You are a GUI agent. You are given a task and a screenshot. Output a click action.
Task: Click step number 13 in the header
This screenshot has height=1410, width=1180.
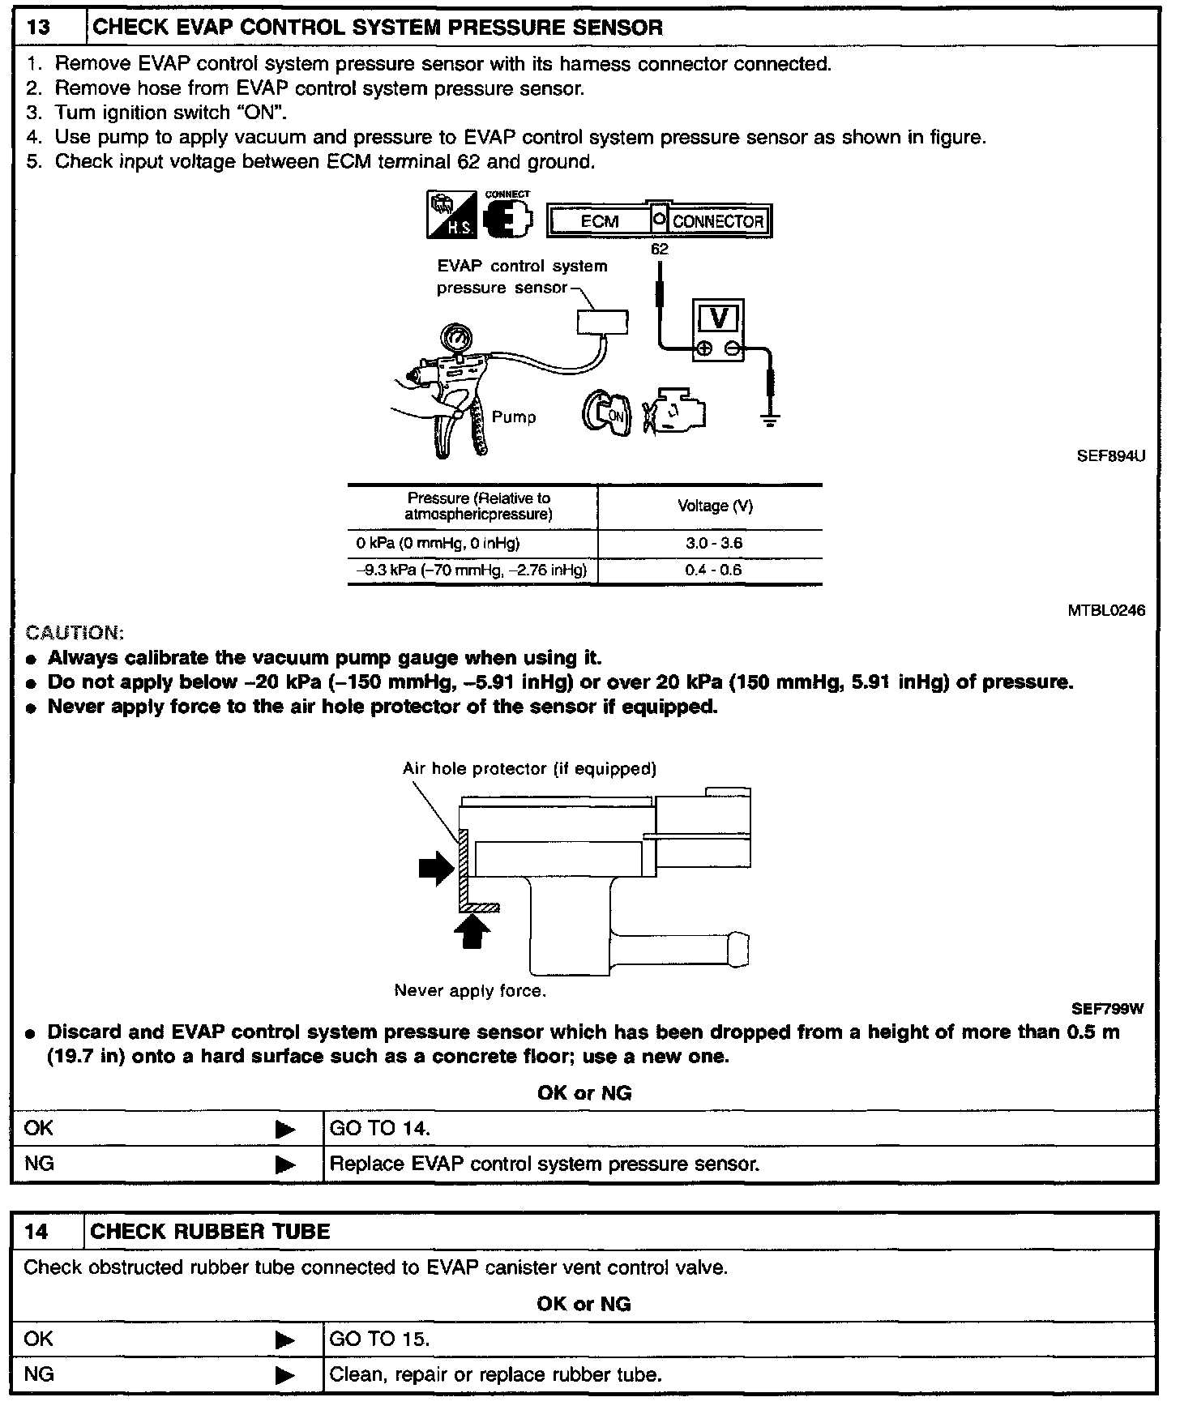pos(39,28)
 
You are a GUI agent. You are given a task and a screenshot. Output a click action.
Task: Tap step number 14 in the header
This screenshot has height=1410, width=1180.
pos(37,1232)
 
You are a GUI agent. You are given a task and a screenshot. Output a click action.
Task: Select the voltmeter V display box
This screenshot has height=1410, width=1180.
pos(718,318)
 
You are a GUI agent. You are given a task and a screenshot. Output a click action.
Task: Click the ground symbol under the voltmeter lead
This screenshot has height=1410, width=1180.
pos(769,420)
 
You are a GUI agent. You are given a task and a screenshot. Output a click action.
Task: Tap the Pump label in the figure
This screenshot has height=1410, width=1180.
pos(514,417)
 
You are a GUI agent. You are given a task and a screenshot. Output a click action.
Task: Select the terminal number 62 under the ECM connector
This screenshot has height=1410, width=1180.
pos(660,250)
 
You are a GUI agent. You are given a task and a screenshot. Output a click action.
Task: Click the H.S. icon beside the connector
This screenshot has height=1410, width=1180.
pos(451,215)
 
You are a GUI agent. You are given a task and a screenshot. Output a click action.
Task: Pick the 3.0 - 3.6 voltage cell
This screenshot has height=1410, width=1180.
pos(713,543)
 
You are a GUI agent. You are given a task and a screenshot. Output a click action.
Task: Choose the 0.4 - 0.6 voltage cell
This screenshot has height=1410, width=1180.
pos(713,570)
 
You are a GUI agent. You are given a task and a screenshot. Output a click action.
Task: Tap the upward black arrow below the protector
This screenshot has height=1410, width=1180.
pos(473,929)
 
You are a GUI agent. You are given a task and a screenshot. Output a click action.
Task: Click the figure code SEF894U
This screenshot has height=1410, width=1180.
pos(1110,456)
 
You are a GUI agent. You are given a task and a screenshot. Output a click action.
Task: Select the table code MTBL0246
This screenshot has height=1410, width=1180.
pos(1106,611)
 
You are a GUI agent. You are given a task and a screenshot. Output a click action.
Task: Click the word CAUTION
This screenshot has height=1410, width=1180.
pos(75,633)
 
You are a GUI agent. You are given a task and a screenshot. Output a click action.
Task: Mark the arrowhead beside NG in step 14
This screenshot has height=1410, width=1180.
pos(285,1376)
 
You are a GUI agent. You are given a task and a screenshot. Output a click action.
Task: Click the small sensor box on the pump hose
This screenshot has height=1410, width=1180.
pos(602,322)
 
